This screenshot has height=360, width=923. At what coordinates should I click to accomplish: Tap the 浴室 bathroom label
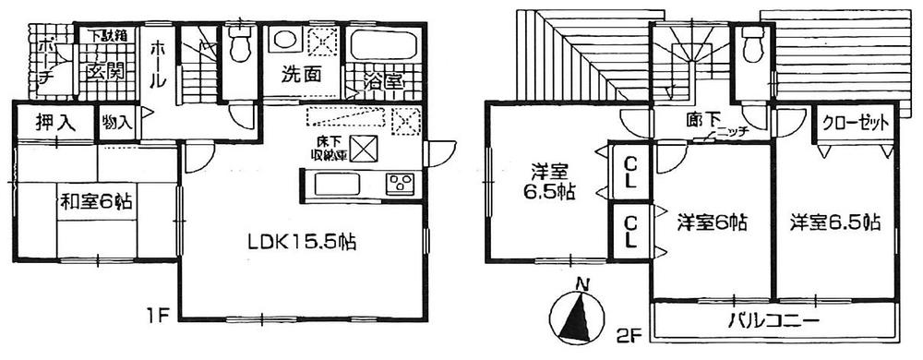(x=378, y=80)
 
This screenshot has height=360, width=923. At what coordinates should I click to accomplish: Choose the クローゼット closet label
(x=854, y=122)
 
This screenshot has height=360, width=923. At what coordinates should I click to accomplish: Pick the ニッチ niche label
(x=732, y=132)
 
